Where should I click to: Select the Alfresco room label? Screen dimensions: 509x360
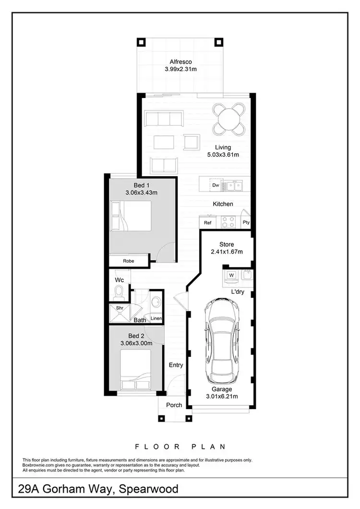tap(180, 61)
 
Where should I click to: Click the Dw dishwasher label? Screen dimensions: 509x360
tap(216, 185)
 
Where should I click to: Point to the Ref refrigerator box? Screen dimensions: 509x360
tap(208, 223)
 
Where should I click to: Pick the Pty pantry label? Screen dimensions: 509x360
tap(246, 223)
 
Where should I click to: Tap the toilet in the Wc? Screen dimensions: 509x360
tap(119, 291)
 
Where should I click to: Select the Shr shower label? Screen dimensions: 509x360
tap(119, 308)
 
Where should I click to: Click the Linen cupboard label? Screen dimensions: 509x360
tap(156, 318)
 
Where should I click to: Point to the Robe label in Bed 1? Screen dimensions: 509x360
tap(128, 261)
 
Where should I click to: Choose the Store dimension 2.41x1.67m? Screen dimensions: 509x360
tap(227, 252)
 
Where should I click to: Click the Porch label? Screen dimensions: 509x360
tap(174, 405)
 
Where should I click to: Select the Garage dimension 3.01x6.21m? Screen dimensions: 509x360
tap(222, 396)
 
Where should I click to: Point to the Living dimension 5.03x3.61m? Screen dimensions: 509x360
tap(223, 155)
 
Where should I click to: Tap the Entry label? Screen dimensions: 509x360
tap(176, 365)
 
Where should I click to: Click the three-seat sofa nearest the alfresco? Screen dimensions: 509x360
tap(164, 118)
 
